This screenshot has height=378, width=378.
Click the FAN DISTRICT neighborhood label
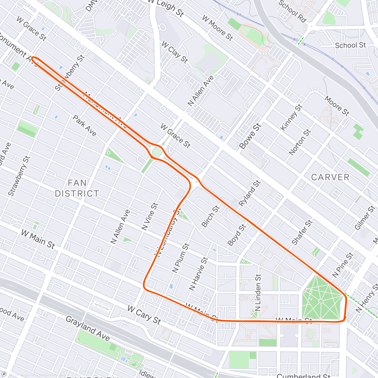(x=77, y=188)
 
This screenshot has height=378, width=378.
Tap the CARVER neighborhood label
(x=330, y=177)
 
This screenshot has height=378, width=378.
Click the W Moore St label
(x=217, y=28)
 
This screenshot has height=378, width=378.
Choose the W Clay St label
(x=175, y=52)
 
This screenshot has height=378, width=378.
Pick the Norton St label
(x=300, y=142)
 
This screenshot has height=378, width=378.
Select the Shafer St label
(x=302, y=232)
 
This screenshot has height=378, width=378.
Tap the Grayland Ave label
(x=88, y=329)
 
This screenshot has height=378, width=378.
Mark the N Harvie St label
(x=198, y=273)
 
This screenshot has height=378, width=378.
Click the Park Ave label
(x=84, y=125)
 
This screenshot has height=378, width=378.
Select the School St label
(x=350, y=45)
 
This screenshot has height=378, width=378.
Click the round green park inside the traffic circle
(x=157, y=152)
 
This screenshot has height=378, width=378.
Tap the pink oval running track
(x=255, y=35)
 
